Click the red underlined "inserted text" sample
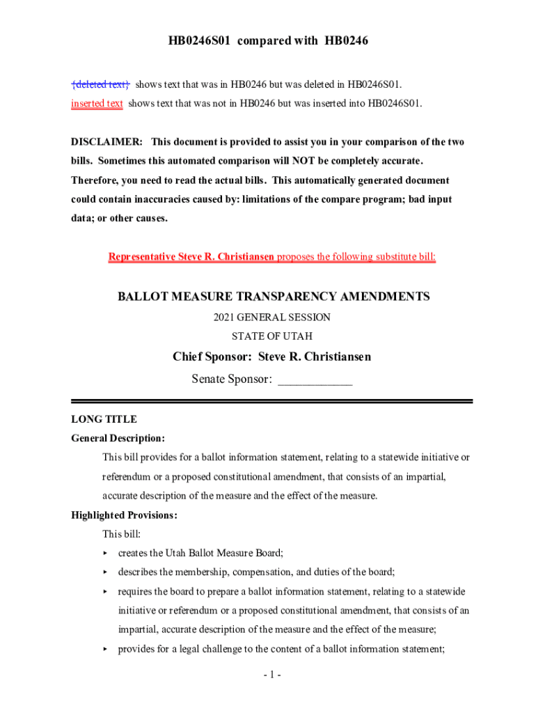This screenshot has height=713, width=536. point(97,104)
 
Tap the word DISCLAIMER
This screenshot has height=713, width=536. point(107,142)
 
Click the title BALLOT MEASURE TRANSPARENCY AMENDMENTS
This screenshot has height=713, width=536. point(274,297)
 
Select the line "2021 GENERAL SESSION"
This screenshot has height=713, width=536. point(272,318)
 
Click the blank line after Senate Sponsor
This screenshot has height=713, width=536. point(315,380)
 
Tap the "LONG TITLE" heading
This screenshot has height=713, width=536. point(104,419)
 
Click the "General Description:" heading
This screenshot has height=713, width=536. point(118,439)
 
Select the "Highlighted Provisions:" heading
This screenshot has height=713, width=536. point(125,515)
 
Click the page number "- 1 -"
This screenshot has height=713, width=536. point(272,675)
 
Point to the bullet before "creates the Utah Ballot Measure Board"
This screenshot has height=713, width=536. point(106,554)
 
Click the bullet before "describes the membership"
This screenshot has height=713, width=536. point(106,572)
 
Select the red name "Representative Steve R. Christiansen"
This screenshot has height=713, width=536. point(191,257)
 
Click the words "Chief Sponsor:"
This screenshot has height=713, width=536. point(212,357)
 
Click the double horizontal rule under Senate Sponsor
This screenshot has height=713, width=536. point(272,401)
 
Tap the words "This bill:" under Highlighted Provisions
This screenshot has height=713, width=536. point(122,534)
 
